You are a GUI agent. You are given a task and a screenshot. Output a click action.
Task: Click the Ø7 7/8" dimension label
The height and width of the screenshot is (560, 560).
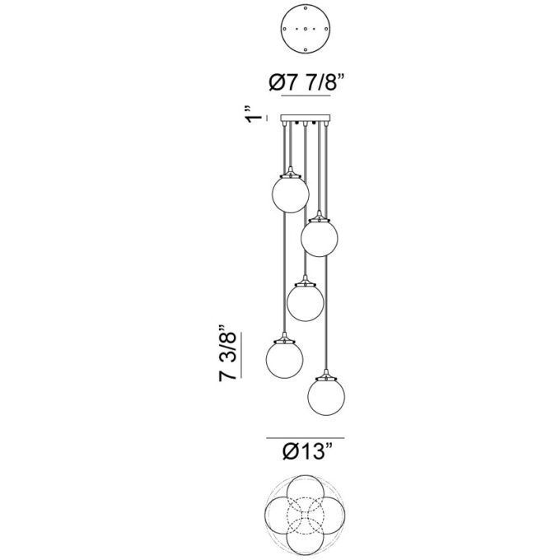point(306,83)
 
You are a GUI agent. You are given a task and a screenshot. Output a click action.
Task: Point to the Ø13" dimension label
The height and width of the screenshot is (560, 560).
point(308,451)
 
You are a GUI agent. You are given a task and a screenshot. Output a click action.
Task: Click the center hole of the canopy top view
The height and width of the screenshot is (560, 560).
point(306,29)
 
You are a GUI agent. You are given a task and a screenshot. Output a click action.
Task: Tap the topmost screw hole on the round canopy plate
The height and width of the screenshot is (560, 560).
point(306,8)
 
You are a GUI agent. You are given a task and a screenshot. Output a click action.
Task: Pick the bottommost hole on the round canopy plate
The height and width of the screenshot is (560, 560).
point(306,49)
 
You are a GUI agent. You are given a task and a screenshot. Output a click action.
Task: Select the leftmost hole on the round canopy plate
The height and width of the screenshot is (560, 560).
point(285,29)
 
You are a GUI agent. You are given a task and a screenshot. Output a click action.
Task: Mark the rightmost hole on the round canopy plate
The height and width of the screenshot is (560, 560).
point(326,29)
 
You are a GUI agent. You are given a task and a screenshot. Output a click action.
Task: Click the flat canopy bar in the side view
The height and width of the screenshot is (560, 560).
point(306,119)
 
